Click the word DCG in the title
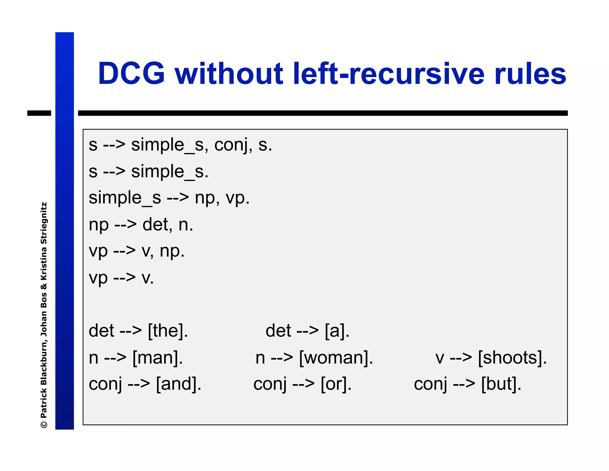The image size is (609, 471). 131,74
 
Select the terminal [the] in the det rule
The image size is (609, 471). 168,331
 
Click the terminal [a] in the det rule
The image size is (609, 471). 337,331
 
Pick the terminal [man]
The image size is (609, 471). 158,357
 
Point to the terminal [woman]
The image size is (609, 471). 336,357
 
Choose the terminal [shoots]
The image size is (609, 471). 512,357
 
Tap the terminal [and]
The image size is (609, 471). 179,384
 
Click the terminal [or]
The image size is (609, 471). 336,384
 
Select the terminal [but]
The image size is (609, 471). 501,384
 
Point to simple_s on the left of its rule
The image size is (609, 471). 125,198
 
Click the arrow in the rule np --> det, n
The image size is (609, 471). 125,224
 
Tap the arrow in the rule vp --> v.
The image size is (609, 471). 124,277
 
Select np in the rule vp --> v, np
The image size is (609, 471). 172,252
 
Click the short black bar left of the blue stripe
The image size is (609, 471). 39,113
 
